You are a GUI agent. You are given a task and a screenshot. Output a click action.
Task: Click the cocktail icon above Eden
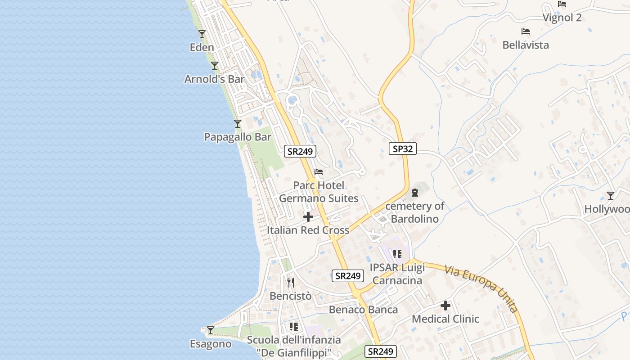click(x=202, y=34)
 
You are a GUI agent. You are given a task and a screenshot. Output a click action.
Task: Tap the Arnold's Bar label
click(x=214, y=79)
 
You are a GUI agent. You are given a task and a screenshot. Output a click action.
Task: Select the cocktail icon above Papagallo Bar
click(x=238, y=124)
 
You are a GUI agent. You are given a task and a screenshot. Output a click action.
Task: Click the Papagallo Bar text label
click(x=238, y=137)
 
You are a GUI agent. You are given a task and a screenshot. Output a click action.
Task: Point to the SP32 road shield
click(x=402, y=148)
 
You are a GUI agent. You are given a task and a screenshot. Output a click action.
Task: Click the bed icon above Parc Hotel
click(x=319, y=172)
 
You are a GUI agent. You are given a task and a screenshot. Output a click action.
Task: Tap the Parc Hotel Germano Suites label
click(x=319, y=192)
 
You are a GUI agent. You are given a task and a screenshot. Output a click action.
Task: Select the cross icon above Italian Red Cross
click(x=308, y=217)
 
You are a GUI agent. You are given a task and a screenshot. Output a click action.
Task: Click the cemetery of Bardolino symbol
click(x=415, y=193)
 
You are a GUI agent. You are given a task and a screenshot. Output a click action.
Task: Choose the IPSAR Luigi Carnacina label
click(x=397, y=274)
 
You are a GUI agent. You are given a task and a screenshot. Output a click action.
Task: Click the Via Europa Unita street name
click(x=481, y=288)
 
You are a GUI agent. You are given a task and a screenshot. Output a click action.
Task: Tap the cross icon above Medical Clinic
click(x=445, y=306)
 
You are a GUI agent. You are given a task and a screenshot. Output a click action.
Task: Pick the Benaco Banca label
click(x=363, y=310)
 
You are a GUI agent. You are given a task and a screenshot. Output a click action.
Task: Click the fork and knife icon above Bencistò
click(x=291, y=283)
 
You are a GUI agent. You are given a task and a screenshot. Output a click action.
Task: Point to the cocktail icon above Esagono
click(x=211, y=330)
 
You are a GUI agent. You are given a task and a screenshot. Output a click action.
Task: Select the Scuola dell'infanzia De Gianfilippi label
click(x=294, y=346)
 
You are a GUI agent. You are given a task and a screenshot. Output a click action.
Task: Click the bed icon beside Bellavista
click(x=525, y=31)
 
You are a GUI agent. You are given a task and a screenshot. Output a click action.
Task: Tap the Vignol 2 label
click(x=562, y=18)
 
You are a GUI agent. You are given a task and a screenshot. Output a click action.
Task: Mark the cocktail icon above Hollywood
click(x=611, y=196)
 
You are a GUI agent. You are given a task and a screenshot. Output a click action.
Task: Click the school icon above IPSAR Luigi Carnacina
click(x=397, y=254)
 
